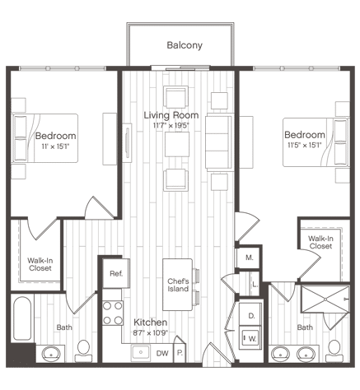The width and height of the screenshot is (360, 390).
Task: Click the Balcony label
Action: (185, 45)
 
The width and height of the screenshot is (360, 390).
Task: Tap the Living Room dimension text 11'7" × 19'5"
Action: (171, 126)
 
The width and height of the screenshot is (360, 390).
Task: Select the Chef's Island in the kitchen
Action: (178, 285)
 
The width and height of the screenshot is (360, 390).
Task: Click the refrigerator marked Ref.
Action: (116, 273)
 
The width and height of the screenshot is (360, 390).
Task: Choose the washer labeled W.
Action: (250, 337)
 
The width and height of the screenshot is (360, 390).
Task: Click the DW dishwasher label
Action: (162, 353)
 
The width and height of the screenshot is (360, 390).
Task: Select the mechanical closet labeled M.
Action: (249, 258)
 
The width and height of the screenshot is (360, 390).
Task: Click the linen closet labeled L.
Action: (255, 285)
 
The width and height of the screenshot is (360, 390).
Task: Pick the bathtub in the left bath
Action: (22, 318)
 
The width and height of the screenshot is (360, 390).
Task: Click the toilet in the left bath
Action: (83, 351)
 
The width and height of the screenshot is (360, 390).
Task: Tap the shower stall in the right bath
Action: (325, 299)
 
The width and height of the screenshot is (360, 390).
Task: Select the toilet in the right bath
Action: (334, 351)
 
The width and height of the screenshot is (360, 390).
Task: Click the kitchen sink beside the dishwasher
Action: (141, 353)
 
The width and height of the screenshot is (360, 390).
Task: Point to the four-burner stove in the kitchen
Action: (113, 313)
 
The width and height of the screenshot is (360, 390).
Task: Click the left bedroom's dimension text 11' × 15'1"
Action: (55, 146)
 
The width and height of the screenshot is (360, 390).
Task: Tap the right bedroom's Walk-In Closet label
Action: (320, 243)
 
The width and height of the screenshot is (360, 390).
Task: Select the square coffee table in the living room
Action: (177, 144)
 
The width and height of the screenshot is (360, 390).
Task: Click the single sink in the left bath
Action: (51, 354)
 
